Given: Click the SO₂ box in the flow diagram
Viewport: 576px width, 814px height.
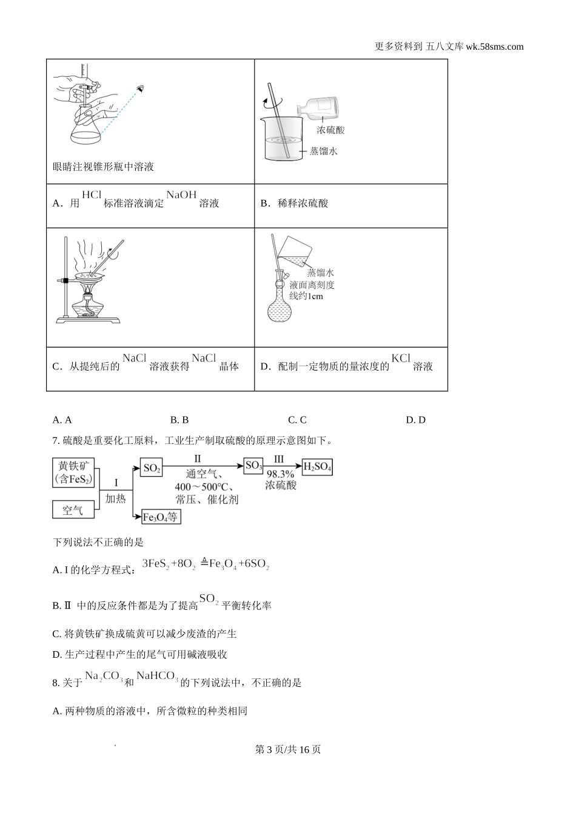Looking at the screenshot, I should pos(152,468).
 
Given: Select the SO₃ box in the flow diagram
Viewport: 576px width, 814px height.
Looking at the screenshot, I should pos(253,466).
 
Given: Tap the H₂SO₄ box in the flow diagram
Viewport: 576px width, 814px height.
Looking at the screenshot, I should pos(317,467).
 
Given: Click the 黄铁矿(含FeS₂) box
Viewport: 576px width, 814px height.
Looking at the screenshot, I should pos(74,472).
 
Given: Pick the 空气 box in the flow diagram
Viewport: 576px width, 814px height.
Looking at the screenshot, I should pos(73,510).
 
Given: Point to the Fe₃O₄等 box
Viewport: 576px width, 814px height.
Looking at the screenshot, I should pos(161,517).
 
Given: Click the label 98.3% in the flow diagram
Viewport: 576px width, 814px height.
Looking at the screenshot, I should pos(280,474).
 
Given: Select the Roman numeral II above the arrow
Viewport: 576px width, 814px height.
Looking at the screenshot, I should pos(197,459).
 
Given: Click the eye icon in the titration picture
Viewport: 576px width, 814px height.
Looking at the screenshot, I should pos(141,89).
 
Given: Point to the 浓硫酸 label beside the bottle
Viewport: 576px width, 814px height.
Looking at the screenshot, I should pos(330,130).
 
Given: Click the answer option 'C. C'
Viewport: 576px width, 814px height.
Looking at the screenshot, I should pos(297,420).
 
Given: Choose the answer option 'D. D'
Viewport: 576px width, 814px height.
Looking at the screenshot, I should pos(415,420).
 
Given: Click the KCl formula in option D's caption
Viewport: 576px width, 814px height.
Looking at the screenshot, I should pos(401,358).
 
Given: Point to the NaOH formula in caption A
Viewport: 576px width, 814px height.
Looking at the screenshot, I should pos(181,194).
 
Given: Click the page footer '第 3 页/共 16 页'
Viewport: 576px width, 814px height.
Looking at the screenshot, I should pos(288,749).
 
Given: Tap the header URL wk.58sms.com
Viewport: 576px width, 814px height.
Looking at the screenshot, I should pos(495,47).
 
